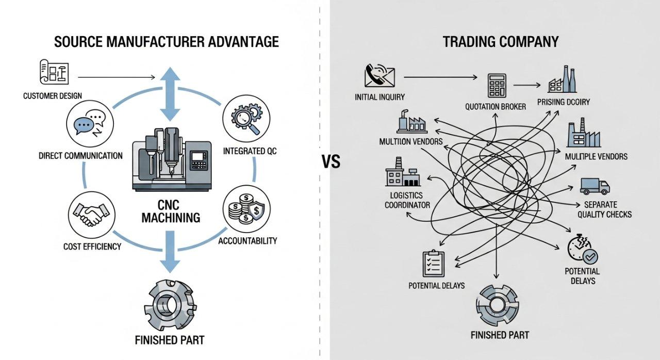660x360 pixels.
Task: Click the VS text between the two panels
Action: [331, 162]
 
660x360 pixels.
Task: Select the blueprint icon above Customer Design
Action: [54, 72]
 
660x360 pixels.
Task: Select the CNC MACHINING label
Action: [171, 211]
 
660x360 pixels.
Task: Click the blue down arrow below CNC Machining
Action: [170, 251]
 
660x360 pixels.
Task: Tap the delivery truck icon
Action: [595, 186]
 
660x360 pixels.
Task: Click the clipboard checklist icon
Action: [433, 264]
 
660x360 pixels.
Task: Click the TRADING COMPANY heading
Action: [500, 42]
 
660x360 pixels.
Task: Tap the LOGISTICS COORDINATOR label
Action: [407, 200]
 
